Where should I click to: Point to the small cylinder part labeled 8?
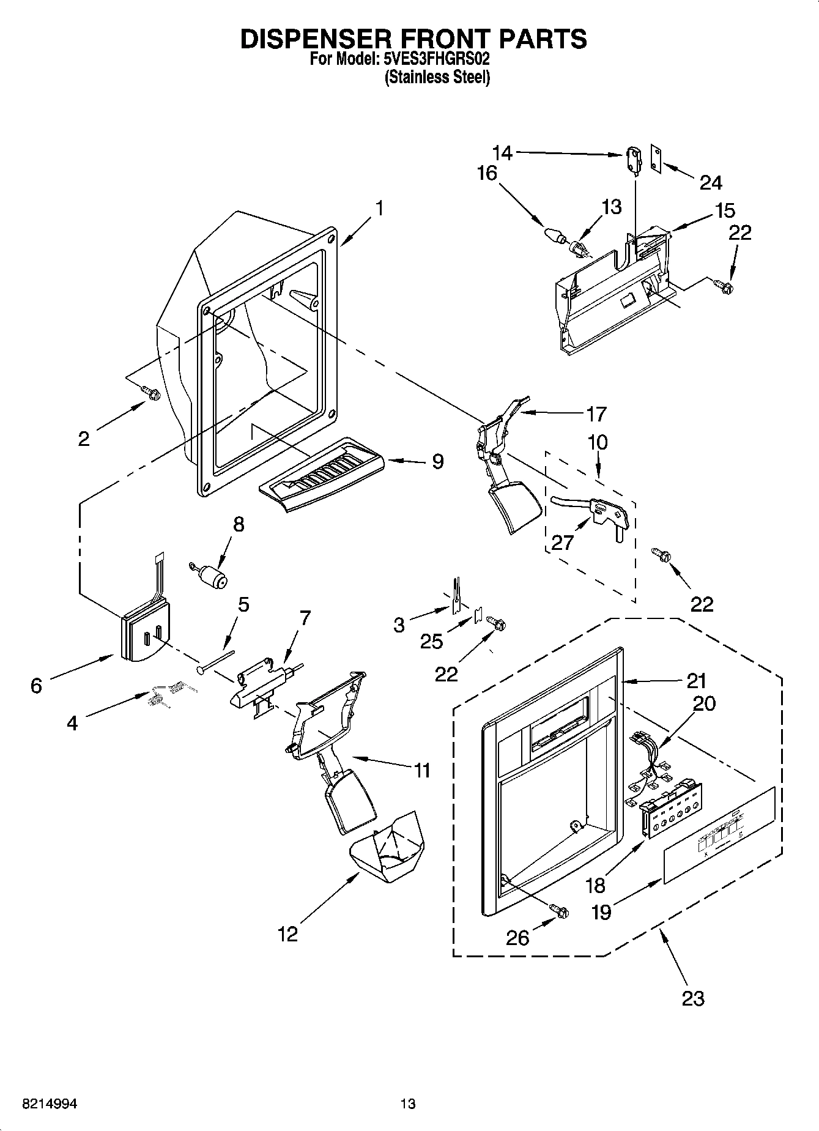pyautogui.click(x=212, y=576)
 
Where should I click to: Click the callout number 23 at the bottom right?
pyautogui.click(x=692, y=998)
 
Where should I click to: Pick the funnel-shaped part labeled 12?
pyautogui.click(x=386, y=850)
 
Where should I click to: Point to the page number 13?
pyautogui.click(x=408, y=1104)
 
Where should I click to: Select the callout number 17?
pyautogui.click(x=596, y=414)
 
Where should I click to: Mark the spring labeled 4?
pyautogui.click(x=165, y=694)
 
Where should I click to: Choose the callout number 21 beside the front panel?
pyautogui.click(x=696, y=680)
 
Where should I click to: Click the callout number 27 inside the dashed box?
pyautogui.click(x=562, y=543)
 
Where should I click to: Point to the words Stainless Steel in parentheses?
pyautogui.click(x=437, y=78)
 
